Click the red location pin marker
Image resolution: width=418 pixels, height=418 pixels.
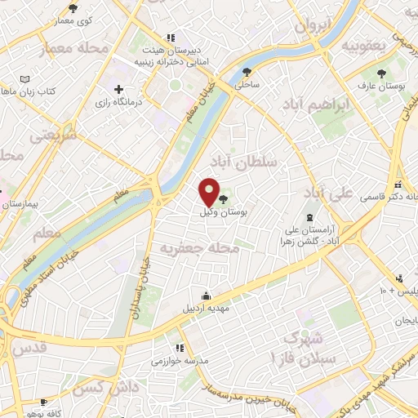(x=210, y=193)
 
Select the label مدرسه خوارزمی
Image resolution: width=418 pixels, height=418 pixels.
(x=181, y=360)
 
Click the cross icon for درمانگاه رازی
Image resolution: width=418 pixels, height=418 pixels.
(x=119, y=89)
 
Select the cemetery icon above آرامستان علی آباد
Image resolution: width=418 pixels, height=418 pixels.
(x=309, y=216)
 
